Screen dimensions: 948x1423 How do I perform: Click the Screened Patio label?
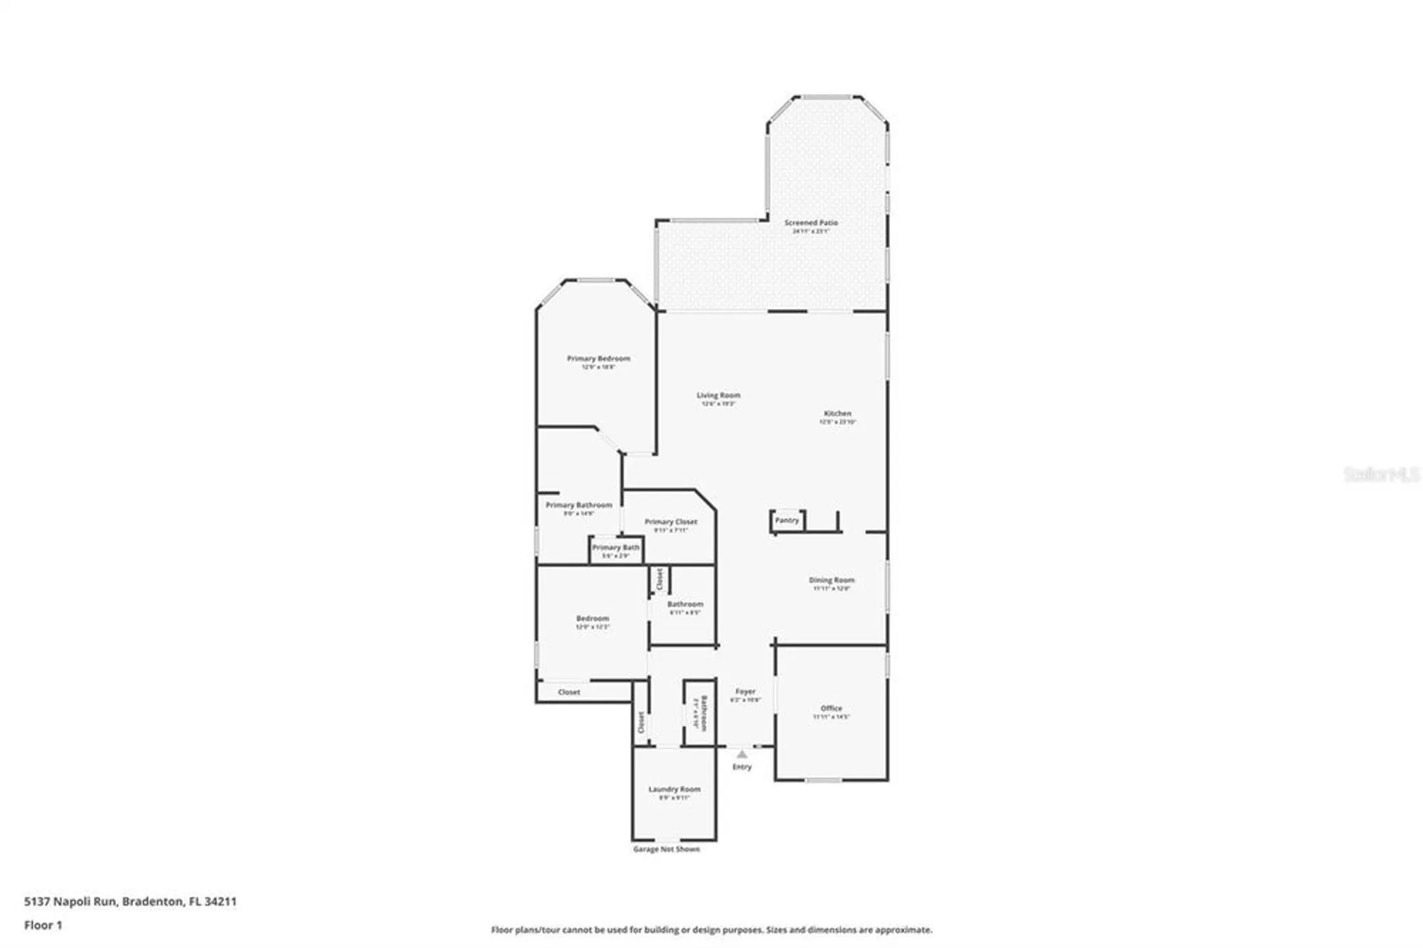point(811,223)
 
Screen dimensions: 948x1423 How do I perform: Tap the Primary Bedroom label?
point(598,359)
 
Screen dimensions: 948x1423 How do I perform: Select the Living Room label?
point(718,396)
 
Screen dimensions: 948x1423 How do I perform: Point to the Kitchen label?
point(837,414)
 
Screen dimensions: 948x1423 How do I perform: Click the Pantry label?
point(787,520)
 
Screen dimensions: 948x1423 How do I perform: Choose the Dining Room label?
point(831,581)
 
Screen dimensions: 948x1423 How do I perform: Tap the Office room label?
point(831,709)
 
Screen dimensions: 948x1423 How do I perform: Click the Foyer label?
point(745,692)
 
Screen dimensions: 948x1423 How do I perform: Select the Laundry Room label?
point(674,789)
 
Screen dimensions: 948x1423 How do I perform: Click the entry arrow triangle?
point(741,754)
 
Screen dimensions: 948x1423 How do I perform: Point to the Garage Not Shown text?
point(666,849)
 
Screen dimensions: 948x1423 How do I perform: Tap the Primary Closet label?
point(670,522)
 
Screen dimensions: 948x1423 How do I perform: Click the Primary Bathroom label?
point(578,505)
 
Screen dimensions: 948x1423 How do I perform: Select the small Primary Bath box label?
point(615,548)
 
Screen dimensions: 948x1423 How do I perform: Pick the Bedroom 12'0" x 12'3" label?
point(592,619)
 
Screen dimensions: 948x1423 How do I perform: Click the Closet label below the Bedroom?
point(568,692)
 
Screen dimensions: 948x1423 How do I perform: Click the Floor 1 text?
point(43,925)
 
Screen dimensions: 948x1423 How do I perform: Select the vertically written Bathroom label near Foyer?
point(703,713)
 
